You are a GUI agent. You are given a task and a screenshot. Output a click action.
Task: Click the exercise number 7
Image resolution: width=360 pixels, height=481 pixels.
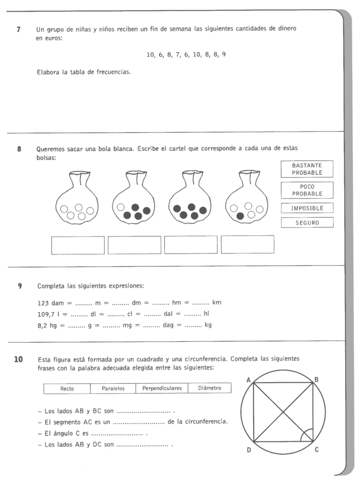coord(18,29)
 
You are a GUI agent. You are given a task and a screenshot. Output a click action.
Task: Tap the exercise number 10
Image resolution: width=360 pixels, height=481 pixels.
coord(18,360)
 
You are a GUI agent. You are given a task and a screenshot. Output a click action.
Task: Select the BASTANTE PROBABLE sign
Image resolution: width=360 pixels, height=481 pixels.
coord(307,169)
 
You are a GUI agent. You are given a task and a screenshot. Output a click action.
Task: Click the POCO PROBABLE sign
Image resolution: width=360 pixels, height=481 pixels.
coord(307,190)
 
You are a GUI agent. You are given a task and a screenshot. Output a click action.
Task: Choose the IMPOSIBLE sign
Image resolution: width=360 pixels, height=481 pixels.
coord(307,208)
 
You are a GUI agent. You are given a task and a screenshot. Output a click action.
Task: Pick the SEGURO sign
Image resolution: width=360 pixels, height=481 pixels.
coord(307,223)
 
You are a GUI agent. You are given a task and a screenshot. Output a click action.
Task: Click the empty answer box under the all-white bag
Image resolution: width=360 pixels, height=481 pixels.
coord(78,244)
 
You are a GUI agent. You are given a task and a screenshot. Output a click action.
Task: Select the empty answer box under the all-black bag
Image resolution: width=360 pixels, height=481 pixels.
coord(191,244)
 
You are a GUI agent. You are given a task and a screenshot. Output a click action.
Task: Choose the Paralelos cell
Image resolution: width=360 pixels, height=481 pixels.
coord(113,389)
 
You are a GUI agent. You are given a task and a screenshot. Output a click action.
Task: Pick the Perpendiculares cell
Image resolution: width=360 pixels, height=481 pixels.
coord(162,389)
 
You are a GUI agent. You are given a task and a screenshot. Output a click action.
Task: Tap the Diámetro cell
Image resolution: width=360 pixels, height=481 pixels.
coord(209,389)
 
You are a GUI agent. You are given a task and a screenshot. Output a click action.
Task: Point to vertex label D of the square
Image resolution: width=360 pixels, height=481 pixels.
coord(248,450)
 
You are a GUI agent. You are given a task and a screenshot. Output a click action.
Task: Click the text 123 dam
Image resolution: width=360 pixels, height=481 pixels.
coord(50,302)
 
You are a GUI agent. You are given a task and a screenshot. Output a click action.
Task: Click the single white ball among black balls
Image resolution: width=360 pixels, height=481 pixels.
coord(121,207)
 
